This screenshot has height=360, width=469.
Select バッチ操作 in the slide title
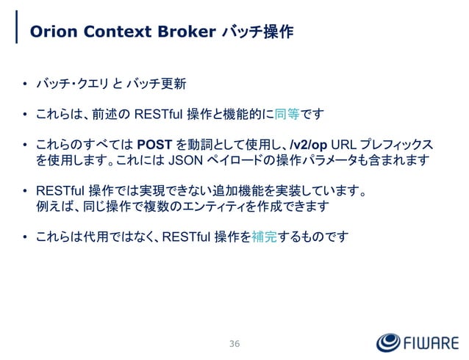257,32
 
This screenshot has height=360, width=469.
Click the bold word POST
154,143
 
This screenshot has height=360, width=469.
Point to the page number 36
234,344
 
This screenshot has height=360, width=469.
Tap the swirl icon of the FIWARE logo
389,343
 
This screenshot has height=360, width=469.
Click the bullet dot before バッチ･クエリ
25,87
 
